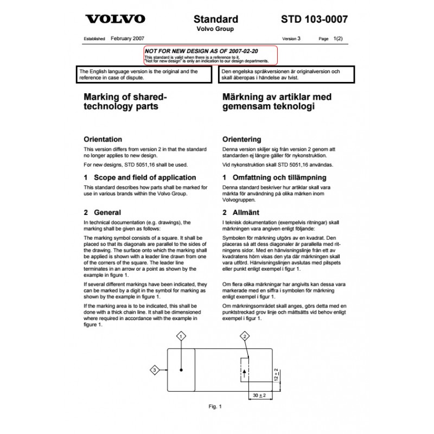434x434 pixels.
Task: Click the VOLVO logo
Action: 116,20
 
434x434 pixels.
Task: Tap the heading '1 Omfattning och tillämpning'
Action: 274,177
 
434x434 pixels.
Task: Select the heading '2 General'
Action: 100,213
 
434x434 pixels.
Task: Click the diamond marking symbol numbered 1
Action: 181,336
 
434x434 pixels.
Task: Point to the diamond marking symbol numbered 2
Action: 245,336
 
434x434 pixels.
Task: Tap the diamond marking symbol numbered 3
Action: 155,370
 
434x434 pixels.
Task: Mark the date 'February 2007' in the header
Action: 126,39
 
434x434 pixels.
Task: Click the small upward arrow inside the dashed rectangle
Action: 245,372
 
